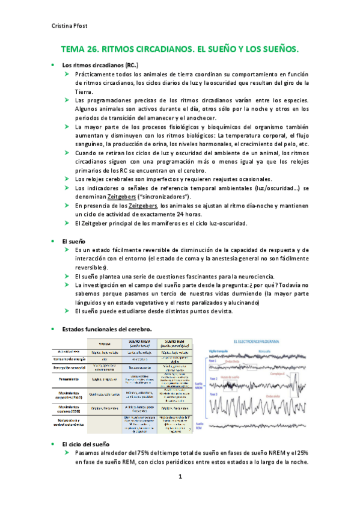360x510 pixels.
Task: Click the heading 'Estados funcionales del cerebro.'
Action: coord(107,328)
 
